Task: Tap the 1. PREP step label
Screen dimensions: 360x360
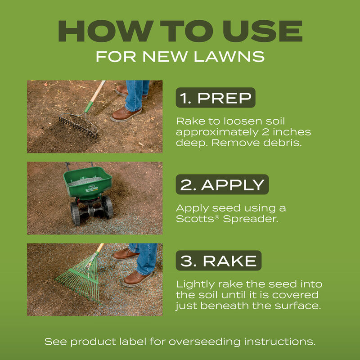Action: [x=215, y=98]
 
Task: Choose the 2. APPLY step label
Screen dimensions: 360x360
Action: [x=221, y=184]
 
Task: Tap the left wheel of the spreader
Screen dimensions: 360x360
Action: [x=75, y=212]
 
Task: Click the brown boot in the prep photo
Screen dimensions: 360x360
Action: [x=126, y=113]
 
